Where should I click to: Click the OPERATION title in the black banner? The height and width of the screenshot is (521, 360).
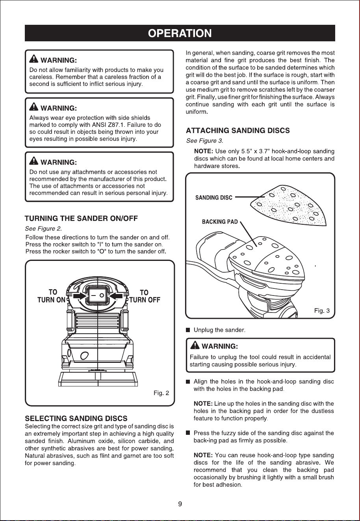coord(180,33)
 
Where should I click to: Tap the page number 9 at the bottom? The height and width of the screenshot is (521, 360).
coord(180,504)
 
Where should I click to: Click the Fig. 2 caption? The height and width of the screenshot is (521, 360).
coord(161,393)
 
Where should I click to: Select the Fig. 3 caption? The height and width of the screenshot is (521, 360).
coord(322,311)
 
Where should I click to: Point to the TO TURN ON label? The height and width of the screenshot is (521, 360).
coord(52,296)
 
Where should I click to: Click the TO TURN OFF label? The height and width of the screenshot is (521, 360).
coord(145,296)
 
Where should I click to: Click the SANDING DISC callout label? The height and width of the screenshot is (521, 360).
coord(214,198)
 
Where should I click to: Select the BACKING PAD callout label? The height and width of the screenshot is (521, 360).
coord(220,222)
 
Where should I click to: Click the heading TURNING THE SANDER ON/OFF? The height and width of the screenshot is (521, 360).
coord(81,218)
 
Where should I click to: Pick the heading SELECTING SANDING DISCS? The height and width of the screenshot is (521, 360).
coord(76,418)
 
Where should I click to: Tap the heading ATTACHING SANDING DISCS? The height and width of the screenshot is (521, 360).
coord(238,131)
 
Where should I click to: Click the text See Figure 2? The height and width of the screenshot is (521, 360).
coord(43,229)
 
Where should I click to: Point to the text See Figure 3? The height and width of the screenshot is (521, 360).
coord(204,141)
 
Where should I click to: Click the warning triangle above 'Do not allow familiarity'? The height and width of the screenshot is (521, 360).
coord(34,59)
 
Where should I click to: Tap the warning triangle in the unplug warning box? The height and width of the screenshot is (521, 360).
coord(195,345)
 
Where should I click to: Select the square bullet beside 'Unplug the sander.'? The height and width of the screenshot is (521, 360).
coord(188,330)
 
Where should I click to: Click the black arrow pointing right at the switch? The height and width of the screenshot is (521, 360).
coord(80,296)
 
